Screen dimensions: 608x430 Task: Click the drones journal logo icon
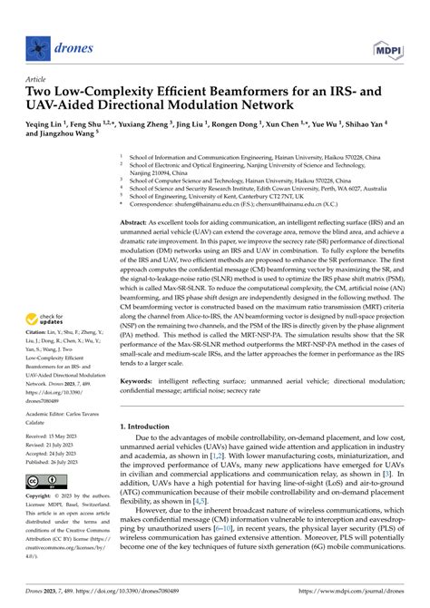[x=37, y=44]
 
